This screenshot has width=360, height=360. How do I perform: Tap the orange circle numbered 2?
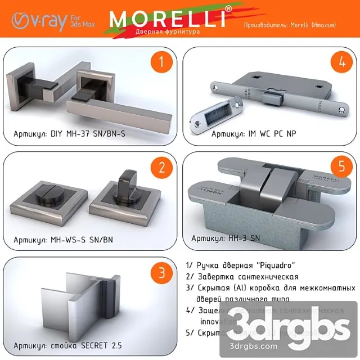pyautogui.click(x=161, y=168)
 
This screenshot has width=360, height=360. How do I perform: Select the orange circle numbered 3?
pyautogui.click(x=161, y=273)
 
